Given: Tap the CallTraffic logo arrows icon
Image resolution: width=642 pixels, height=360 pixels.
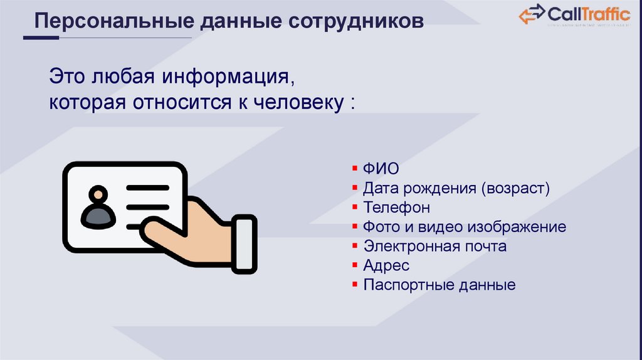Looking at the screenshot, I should (x=531, y=14).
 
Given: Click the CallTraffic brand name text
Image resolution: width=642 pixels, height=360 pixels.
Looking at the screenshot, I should (x=589, y=13).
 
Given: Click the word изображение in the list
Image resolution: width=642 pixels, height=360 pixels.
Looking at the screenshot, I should (x=520, y=227).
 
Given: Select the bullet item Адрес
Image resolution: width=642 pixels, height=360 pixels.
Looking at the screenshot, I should (x=386, y=265).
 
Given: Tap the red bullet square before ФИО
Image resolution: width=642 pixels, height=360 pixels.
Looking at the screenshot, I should (x=355, y=169).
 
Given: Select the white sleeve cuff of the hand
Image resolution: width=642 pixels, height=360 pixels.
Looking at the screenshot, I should (x=245, y=244).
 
